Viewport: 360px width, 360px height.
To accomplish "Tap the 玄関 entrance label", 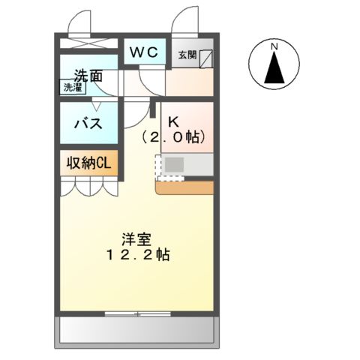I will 186,55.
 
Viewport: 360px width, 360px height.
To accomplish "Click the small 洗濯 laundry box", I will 73,87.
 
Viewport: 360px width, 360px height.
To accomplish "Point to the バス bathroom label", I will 88,124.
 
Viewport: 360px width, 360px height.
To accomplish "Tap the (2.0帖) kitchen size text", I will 173,138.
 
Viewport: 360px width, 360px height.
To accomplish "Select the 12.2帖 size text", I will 136,255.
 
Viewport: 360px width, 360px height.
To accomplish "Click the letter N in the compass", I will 274,47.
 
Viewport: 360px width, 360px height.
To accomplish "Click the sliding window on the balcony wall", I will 136,311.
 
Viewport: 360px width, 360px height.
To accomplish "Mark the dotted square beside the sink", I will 168,178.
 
